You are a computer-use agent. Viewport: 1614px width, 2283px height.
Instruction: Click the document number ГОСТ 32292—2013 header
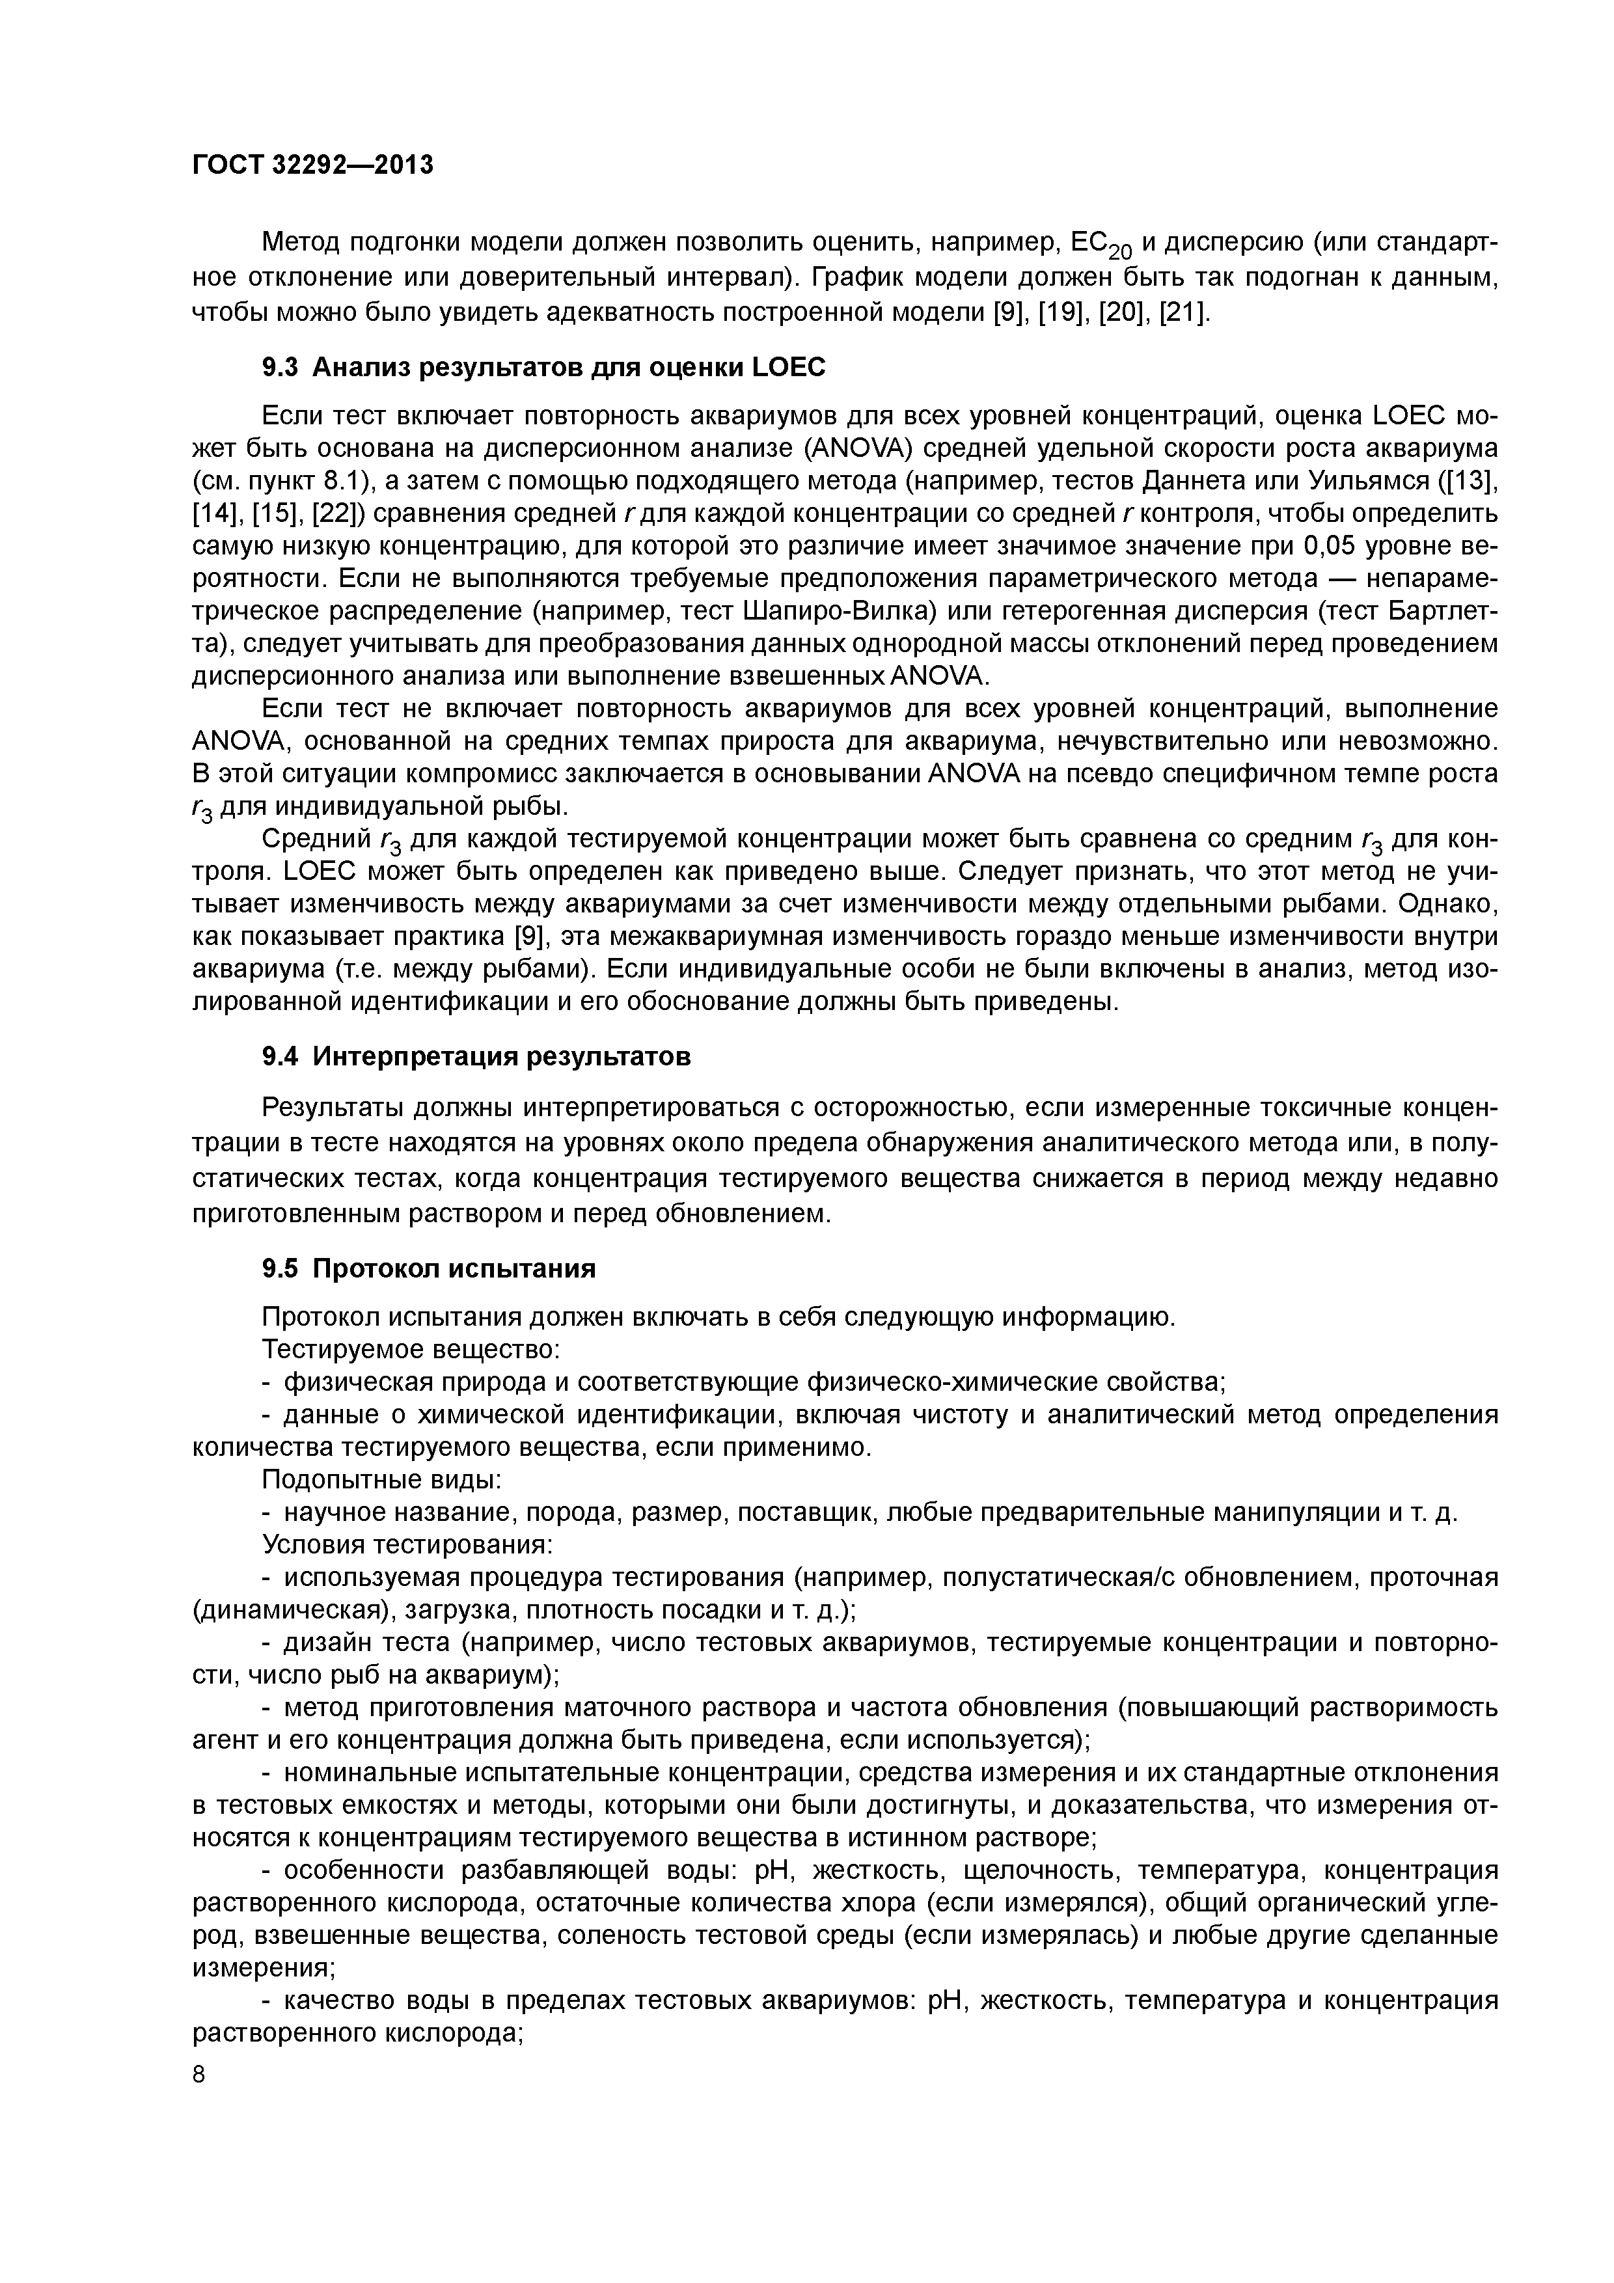click(312, 164)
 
